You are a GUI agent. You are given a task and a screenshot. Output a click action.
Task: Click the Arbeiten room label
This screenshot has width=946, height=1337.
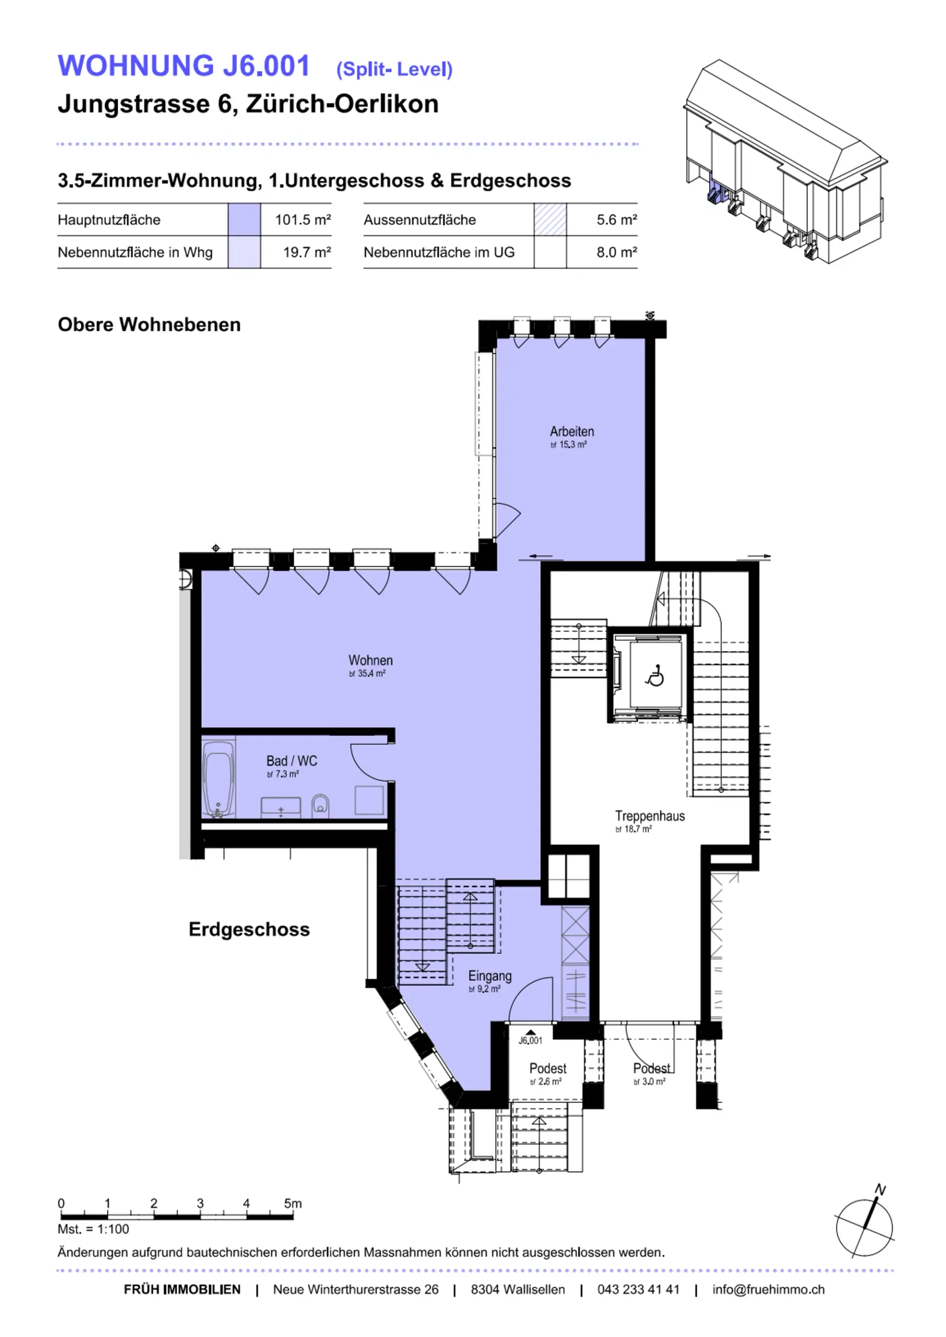click(572, 431)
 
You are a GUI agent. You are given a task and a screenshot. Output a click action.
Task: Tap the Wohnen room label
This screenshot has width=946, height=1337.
click(371, 660)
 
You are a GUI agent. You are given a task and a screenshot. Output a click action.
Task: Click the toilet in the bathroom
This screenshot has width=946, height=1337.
click(320, 805)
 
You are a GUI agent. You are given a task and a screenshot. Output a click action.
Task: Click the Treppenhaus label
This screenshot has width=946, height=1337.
click(649, 816)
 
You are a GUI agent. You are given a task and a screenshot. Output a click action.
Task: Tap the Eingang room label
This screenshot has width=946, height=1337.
click(490, 976)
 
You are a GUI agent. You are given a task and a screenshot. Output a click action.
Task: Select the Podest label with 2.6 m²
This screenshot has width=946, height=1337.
click(547, 1068)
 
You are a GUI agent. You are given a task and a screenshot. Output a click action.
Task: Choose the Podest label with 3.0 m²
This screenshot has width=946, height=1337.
click(652, 1068)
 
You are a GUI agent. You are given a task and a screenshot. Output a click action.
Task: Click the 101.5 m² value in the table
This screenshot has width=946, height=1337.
click(303, 220)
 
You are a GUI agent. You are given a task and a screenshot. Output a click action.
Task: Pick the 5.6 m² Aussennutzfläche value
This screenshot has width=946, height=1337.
click(616, 220)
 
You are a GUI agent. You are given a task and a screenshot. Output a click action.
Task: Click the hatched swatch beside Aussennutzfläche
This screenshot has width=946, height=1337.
click(550, 220)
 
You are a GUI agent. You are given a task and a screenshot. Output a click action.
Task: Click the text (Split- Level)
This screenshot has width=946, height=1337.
click(394, 70)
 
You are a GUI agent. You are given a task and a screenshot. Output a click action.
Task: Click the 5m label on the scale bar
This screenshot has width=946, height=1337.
click(293, 1203)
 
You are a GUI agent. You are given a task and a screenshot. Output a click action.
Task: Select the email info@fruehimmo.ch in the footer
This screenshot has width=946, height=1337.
click(768, 1289)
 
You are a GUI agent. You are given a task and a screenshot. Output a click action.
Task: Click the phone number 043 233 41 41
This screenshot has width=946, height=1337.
click(639, 1289)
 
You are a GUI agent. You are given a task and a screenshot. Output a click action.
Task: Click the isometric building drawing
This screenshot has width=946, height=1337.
click(785, 160)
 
